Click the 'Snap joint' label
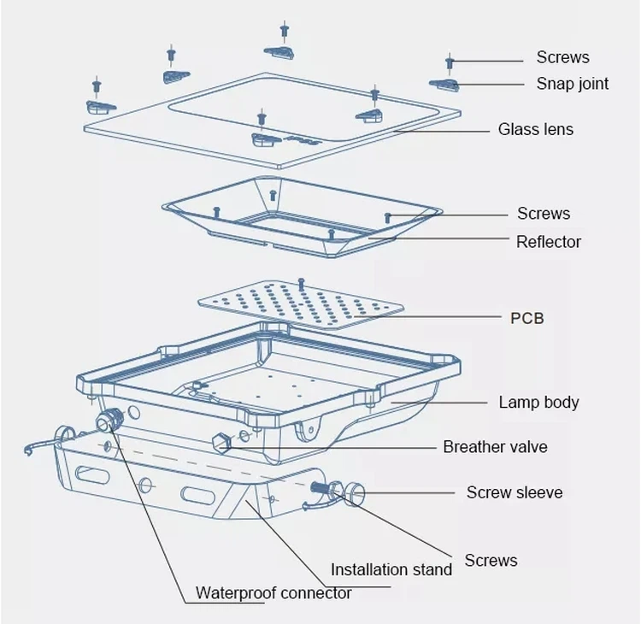[572, 84]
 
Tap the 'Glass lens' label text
[535, 130]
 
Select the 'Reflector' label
[548, 242]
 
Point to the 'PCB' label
[526, 318]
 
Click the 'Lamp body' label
[538, 403]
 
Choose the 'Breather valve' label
[495, 447]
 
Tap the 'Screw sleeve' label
[514, 492]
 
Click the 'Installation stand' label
[391, 570]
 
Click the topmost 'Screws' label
[562, 57]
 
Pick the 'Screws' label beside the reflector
[544, 214]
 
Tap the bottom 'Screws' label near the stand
[491, 561]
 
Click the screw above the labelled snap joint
[449, 62]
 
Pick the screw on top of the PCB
[301, 282]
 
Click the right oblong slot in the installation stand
[198, 493]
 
